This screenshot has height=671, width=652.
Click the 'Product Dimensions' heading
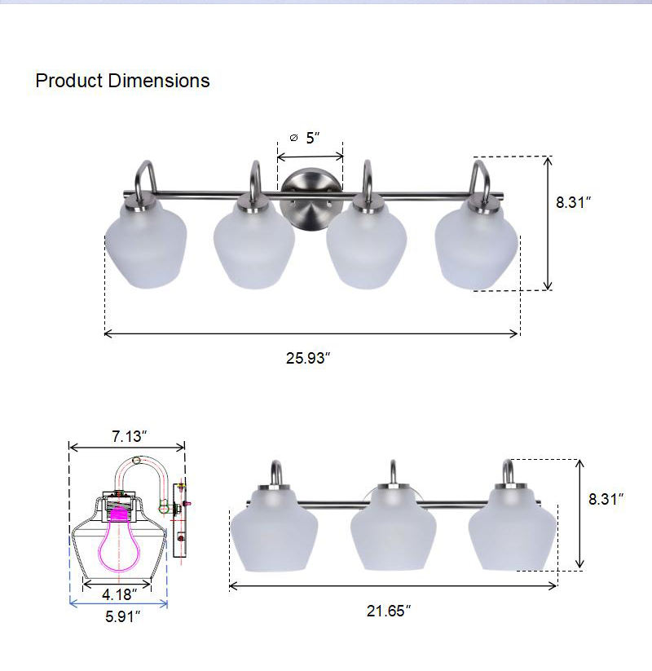[x=122, y=81]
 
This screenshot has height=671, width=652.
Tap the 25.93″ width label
[x=308, y=358]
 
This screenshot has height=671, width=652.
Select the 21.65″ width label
[x=389, y=611]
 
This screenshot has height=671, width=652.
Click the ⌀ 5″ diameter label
[x=305, y=138]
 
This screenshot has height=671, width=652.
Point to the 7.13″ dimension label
[x=130, y=436]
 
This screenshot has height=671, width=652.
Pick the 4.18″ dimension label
[x=119, y=594]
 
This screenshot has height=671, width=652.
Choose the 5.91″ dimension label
[x=123, y=616]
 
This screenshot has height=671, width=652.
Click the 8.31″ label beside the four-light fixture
[x=573, y=202]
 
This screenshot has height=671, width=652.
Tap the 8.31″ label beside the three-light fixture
[x=606, y=499]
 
